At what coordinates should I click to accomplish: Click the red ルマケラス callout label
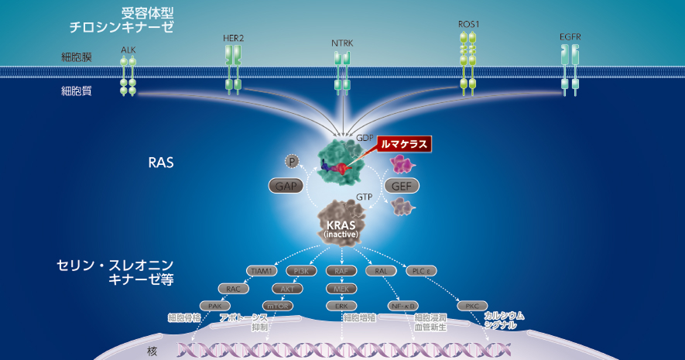[x=402, y=143]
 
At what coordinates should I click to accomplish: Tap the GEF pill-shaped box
[x=402, y=186]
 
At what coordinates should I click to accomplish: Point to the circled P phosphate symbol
[x=291, y=161]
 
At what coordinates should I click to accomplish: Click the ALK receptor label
[x=128, y=50]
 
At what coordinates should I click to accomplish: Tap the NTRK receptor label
[x=342, y=43]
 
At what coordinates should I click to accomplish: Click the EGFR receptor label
[x=570, y=36]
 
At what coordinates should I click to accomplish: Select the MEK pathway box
[x=341, y=288]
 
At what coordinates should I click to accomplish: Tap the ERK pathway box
[x=341, y=306]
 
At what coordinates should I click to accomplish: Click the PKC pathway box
[x=471, y=306]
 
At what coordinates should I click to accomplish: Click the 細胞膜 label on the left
[x=77, y=57]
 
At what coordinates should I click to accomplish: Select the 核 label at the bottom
[x=152, y=351]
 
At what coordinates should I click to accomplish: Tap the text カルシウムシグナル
[x=504, y=321]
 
